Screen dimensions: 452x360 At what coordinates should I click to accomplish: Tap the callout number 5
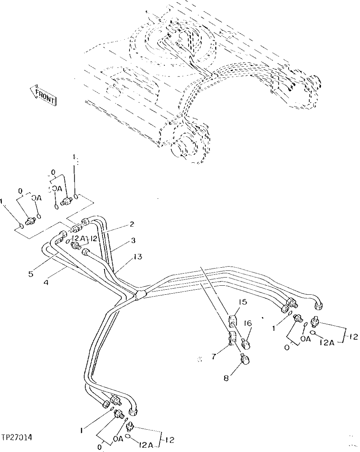(x=31, y=274)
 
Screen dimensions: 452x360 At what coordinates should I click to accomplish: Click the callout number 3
(x=133, y=240)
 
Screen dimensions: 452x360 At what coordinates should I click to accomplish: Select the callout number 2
(x=132, y=224)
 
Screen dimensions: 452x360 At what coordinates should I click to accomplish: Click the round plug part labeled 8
(x=245, y=359)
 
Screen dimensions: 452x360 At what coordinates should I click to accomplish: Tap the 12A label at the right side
(x=326, y=342)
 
